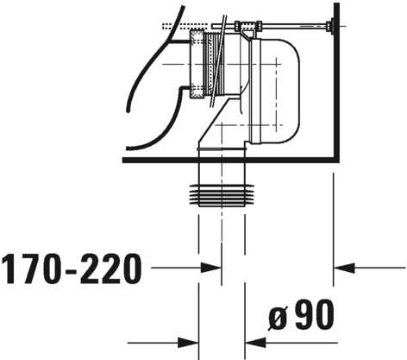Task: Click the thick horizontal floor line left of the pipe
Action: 160,161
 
